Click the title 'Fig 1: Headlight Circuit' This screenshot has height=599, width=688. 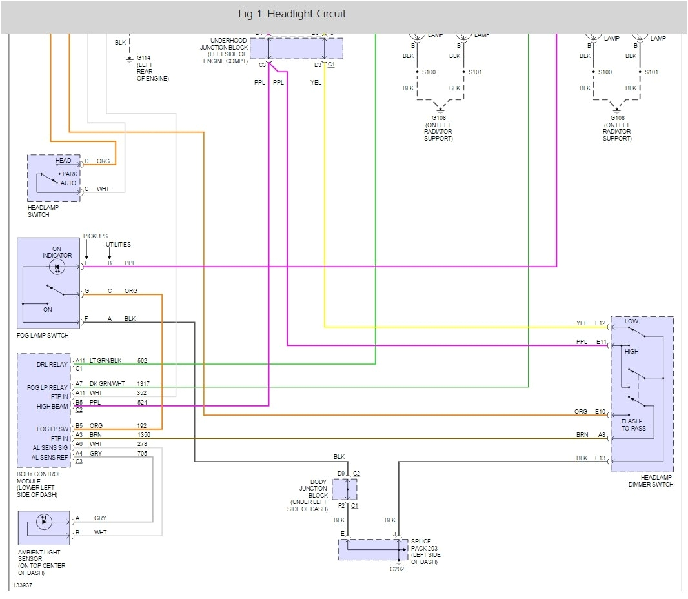pos(292,14)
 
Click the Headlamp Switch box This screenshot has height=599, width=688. pos(54,178)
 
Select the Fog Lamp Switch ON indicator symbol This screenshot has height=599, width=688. pos(57,267)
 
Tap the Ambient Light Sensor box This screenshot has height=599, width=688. pos(44,527)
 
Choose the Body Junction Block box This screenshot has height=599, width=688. pos(344,489)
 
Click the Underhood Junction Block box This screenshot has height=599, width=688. pos(296,48)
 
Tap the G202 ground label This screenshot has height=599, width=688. pos(396,569)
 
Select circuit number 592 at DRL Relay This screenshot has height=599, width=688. pos(142,361)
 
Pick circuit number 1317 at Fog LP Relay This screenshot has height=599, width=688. pos(143,383)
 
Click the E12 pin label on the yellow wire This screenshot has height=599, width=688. pos(600,323)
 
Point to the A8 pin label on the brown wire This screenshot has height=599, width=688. pos(602,435)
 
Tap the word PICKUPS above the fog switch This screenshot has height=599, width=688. pos(96,236)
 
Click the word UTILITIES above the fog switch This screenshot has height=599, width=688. pos(118,245)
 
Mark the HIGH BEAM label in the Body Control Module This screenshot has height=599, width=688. pos(53,407)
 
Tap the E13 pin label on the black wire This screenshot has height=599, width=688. pos(600,458)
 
